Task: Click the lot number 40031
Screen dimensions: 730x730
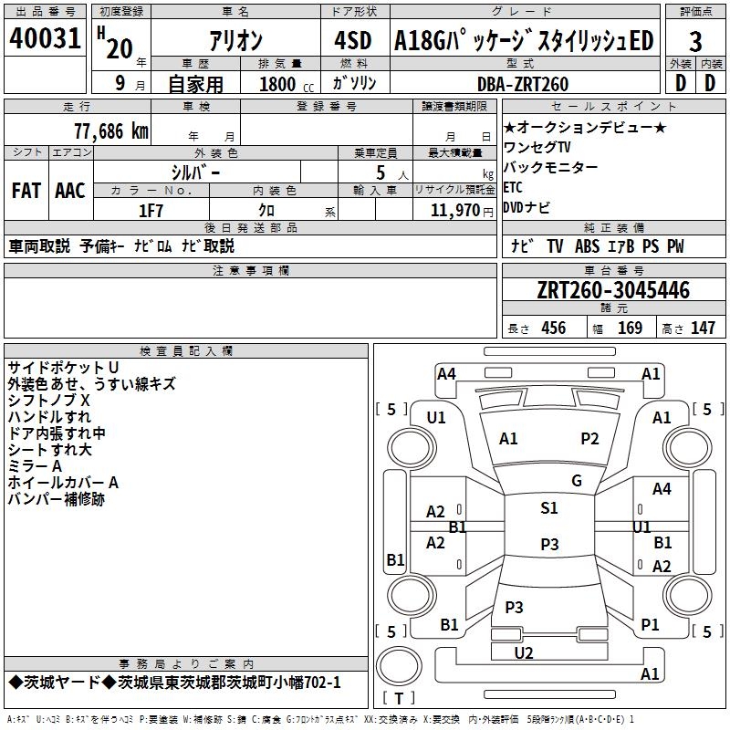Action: pyautogui.click(x=45, y=38)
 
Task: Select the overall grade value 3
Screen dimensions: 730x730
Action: pyautogui.click(x=695, y=42)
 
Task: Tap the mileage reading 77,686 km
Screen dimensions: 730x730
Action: pyautogui.click(x=111, y=131)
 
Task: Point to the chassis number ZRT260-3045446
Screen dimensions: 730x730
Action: pyautogui.click(x=613, y=290)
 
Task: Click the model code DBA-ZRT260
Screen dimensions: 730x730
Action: pyautogui.click(x=523, y=84)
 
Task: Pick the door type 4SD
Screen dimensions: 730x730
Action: pyautogui.click(x=353, y=40)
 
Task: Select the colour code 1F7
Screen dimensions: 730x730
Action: pyautogui.click(x=151, y=211)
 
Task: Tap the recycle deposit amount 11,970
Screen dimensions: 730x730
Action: pyautogui.click(x=454, y=211)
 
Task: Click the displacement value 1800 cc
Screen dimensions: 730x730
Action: pyautogui.click(x=287, y=84)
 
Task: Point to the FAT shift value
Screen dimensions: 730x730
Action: pyautogui.click(x=26, y=191)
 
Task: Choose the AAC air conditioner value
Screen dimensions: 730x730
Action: pyautogui.click(x=70, y=191)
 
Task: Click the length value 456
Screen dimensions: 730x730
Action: pyautogui.click(x=554, y=328)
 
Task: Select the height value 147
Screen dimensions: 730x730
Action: pyautogui.click(x=703, y=328)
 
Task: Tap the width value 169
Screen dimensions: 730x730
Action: pyautogui.click(x=630, y=328)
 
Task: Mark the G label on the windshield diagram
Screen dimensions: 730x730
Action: pyautogui.click(x=577, y=481)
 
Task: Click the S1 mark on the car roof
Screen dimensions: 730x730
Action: pyautogui.click(x=549, y=507)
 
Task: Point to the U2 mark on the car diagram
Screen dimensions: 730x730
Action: pyautogui.click(x=524, y=653)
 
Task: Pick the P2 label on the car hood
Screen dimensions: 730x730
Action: pyautogui.click(x=589, y=439)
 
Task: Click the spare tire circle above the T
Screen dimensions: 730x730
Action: pyautogui.click(x=399, y=666)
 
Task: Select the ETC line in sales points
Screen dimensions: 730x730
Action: pyautogui.click(x=513, y=187)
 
